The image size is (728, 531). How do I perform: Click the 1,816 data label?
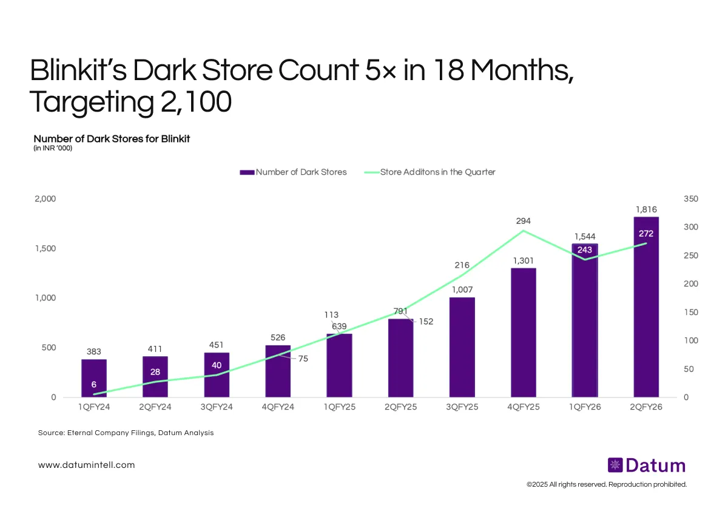(647, 209)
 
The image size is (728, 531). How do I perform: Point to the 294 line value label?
(524, 221)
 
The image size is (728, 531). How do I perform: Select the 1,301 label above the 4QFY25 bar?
(524, 260)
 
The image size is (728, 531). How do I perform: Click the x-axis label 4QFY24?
(278, 407)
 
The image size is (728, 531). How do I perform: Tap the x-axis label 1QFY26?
(585, 407)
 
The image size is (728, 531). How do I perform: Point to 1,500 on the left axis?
(44, 249)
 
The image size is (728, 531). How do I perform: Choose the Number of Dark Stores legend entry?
(294, 172)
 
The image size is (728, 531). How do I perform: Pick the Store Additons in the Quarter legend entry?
(430, 172)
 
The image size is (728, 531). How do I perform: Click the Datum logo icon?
(615, 465)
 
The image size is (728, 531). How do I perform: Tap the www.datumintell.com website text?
(86, 465)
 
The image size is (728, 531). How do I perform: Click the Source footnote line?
(126, 433)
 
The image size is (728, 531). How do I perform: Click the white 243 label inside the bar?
(585, 250)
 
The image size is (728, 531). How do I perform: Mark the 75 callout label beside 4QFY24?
(303, 359)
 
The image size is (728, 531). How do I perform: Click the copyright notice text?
(607, 485)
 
